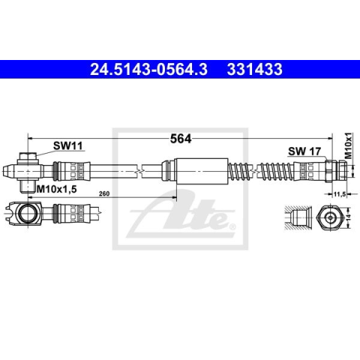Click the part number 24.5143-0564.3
click(148, 69)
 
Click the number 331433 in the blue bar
click(254, 69)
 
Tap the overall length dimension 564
click(181, 139)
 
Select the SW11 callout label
click(67, 145)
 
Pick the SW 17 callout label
click(304, 151)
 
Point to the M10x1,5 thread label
click(56, 189)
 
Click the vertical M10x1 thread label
click(348, 145)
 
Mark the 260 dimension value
click(104, 193)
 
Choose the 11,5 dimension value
click(340, 193)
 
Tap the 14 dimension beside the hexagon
click(349, 217)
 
